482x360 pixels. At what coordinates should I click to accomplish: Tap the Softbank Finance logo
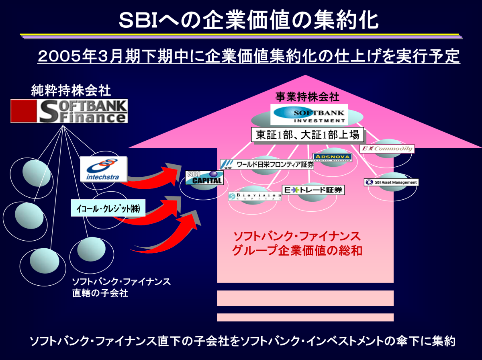tap(69, 111)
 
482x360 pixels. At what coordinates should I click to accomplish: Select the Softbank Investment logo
tap(308, 115)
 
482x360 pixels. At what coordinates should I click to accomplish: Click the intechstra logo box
tap(103, 169)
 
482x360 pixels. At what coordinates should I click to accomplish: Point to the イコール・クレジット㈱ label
tap(108, 208)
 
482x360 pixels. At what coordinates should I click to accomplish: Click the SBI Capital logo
tap(204, 178)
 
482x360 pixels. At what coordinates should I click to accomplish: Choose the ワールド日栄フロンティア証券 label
tap(268, 164)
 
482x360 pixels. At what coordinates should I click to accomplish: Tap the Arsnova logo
tap(332, 157)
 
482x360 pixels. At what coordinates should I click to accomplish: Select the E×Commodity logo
tap(386, 149)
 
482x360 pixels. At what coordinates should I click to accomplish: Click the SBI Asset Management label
tap(391, 182)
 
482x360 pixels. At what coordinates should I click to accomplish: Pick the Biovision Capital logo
tap(255, 196)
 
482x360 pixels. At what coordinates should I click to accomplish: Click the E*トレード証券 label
tap(313, 190)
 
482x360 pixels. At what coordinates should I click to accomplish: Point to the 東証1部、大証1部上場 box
tap(308, 135)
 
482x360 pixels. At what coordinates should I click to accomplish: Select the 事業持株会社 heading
tap(307, 96)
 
